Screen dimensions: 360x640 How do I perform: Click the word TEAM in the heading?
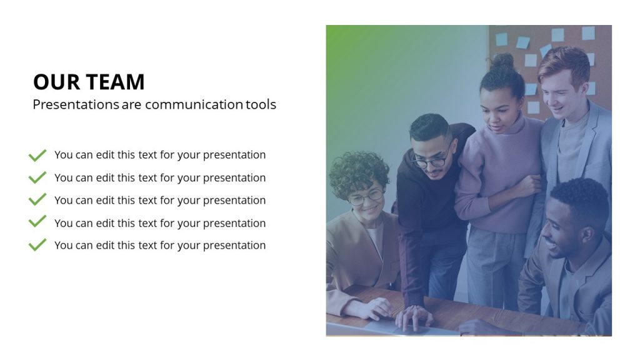pos(116,82)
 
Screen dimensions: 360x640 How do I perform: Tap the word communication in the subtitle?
pos(194,104)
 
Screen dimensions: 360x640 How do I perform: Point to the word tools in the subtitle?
pos(261,104)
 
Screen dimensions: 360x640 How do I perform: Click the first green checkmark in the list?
pos(37,155)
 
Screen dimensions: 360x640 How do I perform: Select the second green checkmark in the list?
pos(37,177)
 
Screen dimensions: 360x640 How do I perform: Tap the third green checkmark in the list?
pos(37,200)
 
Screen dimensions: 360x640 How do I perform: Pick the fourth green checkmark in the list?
pos(37,222)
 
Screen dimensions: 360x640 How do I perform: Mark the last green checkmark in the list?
pos(37,244)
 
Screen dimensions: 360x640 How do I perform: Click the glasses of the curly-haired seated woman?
pos(365,197)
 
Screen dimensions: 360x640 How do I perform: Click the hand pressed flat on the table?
pos(413,317)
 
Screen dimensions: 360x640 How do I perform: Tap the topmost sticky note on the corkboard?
pos(587,32)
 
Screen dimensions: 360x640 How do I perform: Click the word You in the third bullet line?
pos(64,200)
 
